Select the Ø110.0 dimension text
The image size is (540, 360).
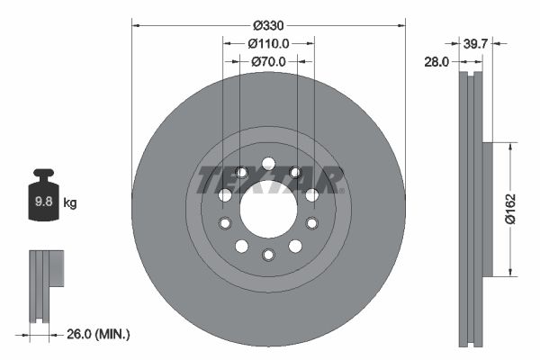click(x=268, y=43)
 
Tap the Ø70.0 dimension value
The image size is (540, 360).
click(x=268, y=61)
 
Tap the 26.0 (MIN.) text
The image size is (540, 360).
click(x=99, y=335)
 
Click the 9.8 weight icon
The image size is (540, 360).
click(x=42, y=199)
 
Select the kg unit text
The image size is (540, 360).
click(x=70, y=203)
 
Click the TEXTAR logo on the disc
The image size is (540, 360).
click(x=268, y=180)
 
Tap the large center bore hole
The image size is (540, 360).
click(x=268, y=209)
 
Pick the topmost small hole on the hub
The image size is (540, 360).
click(x=268, y=163)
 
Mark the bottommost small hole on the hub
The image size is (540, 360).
click(x=268, y=255)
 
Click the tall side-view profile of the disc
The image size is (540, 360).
click(x=471, y=209)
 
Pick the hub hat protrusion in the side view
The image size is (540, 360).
click(x=488, y=209)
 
